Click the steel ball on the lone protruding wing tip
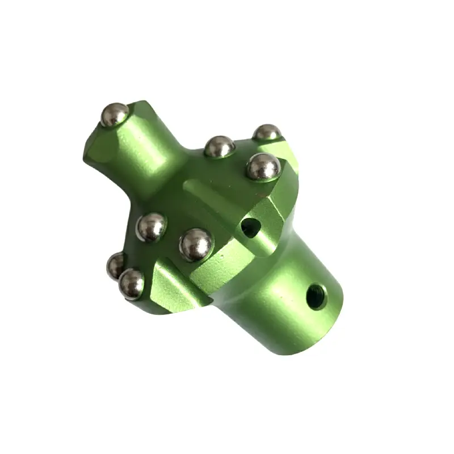115,115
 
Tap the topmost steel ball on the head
267,133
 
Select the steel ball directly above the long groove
220,147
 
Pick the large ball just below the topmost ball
263,167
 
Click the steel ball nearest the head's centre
195,244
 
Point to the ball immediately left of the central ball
152,227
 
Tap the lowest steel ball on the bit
131,283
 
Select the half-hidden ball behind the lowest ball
115,265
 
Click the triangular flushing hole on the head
250,228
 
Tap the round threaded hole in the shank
316,296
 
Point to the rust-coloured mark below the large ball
263,193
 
